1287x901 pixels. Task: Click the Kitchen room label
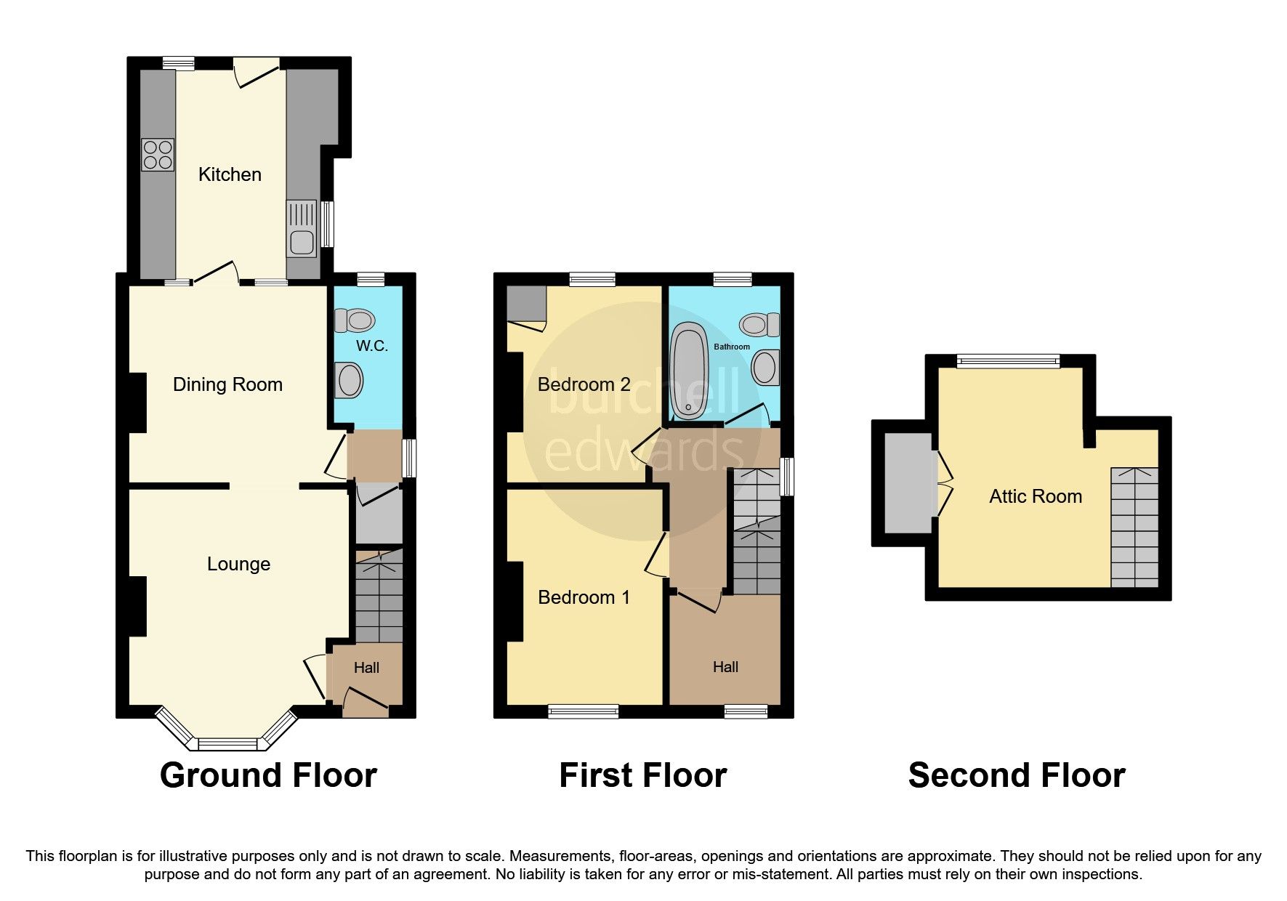coord(230,174)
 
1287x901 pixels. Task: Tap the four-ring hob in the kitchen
coord(158,154)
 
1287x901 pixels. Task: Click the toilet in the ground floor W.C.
coord(355,320)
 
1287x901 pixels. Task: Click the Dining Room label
coord(227,384)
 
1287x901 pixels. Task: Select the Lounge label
coord(238,564)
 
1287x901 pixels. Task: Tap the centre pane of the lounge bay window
coord(228,744)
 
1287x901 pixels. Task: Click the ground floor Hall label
coord(366,668)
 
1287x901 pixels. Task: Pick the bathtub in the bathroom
coord(687,371)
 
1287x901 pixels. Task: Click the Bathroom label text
coord(731,347)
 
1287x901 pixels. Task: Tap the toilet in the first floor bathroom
coord(760,324)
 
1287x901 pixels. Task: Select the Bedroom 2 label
coord(584,384)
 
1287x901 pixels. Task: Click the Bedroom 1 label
coord(584,597)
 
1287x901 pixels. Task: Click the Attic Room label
coord(1036,496)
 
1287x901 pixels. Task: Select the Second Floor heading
coord(1016,775)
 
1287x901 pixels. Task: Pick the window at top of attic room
coord(1008,360)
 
